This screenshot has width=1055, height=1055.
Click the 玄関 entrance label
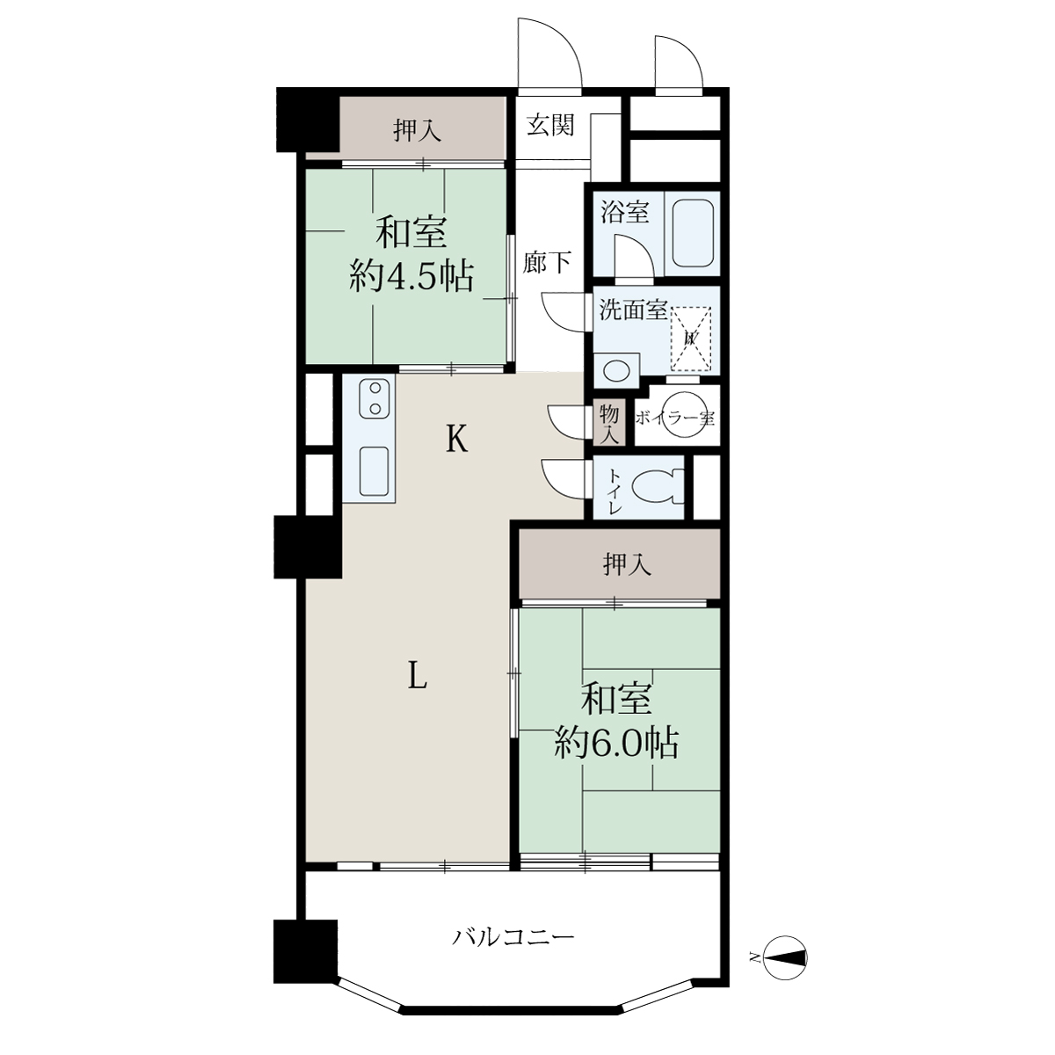point(550,126)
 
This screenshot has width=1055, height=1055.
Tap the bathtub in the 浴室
point(693,234)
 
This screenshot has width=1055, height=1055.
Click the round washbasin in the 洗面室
point(616,371)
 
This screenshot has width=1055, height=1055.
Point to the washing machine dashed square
point(691,338)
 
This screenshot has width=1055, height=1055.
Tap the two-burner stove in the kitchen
point(375,398)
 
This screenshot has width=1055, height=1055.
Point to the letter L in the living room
point(418,680)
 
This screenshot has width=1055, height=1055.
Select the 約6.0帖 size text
point(616,742)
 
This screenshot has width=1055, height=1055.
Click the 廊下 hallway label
point(547,262)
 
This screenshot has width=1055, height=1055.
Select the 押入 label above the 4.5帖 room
point(418,131)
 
